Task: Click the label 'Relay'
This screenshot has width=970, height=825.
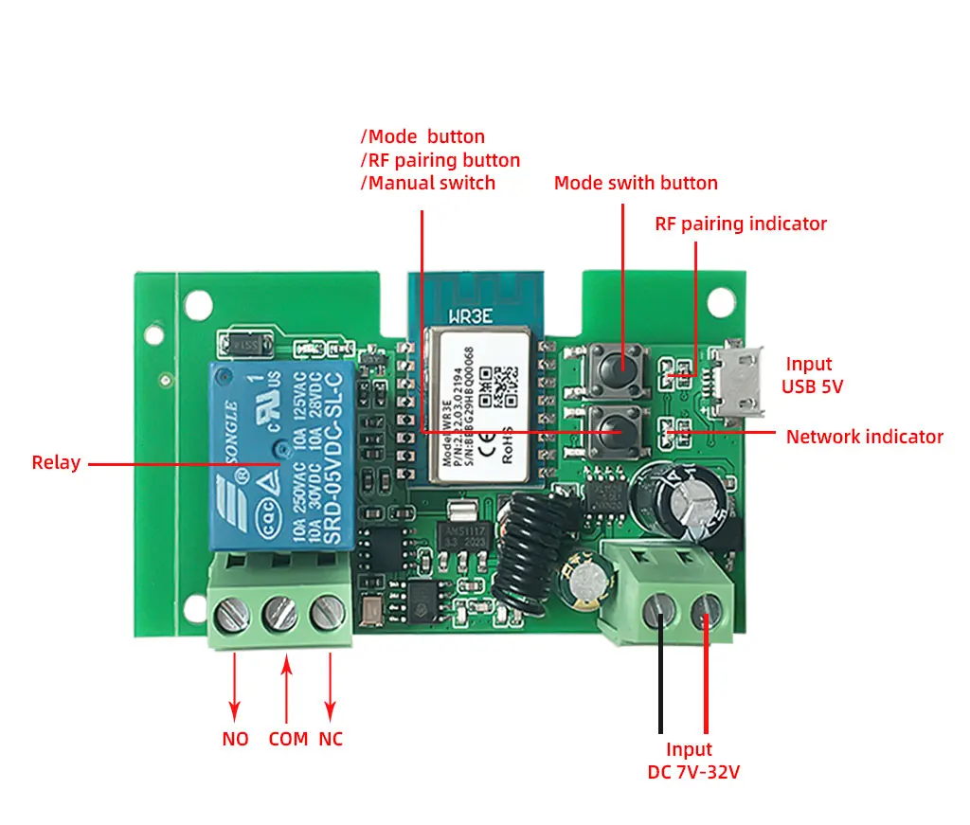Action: pos(56,463)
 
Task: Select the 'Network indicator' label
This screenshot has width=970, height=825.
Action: pos(865,437)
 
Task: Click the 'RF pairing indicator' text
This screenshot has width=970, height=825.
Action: pos(741,224)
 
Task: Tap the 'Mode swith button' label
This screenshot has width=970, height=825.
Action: pos(636,183)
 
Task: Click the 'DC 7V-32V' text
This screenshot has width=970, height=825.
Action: pos(693,772)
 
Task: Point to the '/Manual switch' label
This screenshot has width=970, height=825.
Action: pos(427,183)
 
